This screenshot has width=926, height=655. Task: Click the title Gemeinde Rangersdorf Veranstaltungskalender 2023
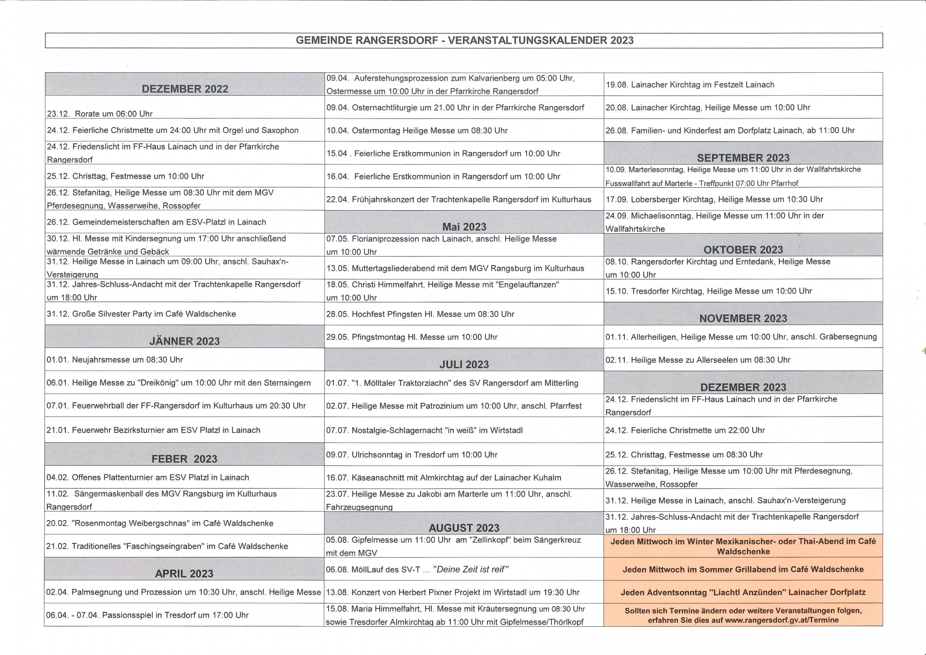(464, 40)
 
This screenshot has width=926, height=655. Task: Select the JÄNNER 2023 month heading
(184, 341)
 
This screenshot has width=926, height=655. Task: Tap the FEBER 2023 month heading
(184, 459)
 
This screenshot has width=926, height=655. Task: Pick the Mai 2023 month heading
(464, 227)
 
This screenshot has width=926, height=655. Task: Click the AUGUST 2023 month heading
(464, 528)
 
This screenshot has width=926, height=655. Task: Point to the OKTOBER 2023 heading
(743, 250)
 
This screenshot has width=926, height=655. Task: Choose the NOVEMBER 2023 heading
(743, 318)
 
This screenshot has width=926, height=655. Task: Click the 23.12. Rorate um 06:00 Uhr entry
(100, 114)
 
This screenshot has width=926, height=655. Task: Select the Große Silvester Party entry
(141, 314)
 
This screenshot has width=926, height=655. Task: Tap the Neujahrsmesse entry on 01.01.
(115, 360)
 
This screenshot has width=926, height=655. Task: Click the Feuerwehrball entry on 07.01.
(176, 405)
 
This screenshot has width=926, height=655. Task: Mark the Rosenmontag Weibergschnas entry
(160, 523)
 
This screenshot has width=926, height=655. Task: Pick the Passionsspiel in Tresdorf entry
(148, 615)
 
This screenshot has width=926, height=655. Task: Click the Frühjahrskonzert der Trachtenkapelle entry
(459, 199)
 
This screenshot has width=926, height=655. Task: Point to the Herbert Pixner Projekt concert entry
(453, 592)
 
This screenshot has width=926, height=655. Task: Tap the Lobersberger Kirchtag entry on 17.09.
(714, 199)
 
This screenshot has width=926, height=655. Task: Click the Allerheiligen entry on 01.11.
(741, 337)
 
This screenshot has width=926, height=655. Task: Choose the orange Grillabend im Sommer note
(743, 569)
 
